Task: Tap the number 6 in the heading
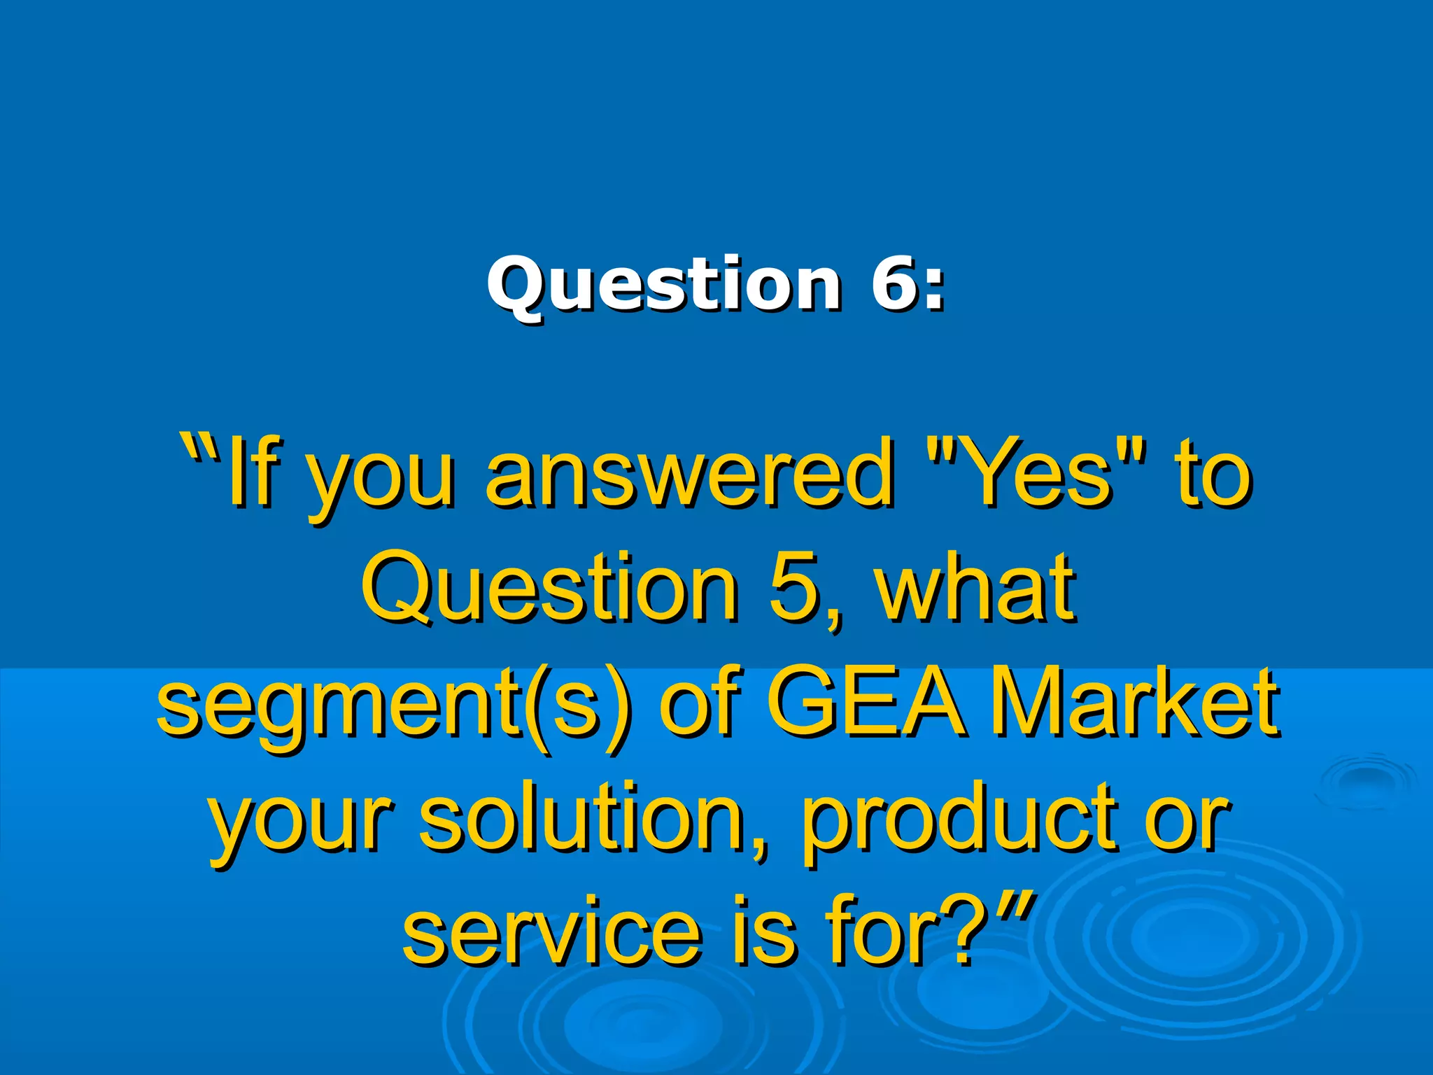[x=896, y=283]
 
